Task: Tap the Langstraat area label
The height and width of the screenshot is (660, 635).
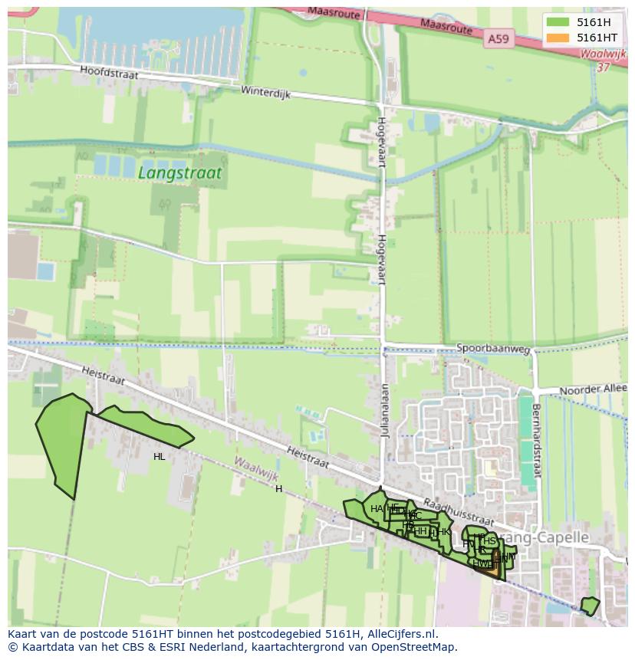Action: pyautogui.click(x=179, y=173)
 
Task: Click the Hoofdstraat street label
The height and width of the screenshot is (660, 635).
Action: pyautogui.click(x=107, y=71)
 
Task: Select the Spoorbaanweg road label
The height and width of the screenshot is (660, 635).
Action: pyautogui.click(x=493, y=349)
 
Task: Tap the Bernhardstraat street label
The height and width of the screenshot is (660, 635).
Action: pyautogui.click(x=537, y=441)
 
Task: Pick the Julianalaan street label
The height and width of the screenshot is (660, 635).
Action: pyautogui.click(x=387, y=409)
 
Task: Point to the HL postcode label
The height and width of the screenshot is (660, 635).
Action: pyautogui.click(x=159, y=457)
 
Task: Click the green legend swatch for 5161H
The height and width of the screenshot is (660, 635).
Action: pyautogui.click(x=558, y=22)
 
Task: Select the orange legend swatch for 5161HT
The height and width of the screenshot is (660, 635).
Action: pyautogui.click(x=558, y=38)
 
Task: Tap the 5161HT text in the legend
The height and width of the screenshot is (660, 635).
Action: pyautogui.click(x=597, y=38)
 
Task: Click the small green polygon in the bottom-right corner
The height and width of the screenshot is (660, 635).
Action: pyautogui.click(x=589, y=606)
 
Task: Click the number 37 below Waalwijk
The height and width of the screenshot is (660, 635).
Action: pyautogui.click(x=603, y=67)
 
